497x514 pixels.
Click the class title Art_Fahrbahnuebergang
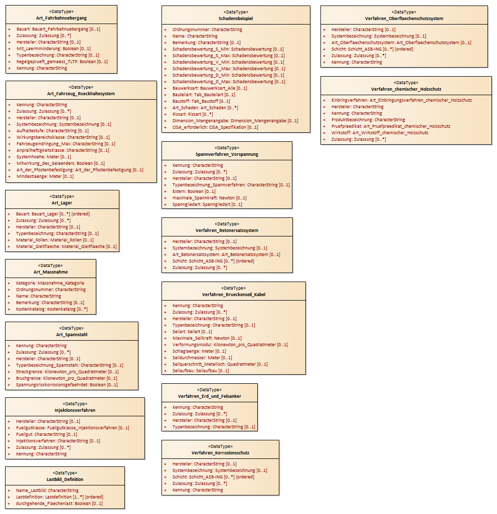[61, 18]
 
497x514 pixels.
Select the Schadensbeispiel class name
[236, 19]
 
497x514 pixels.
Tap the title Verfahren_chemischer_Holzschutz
[406, 89]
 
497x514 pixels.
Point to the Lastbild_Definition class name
[65, 479]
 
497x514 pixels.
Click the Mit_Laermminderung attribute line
[54, 49]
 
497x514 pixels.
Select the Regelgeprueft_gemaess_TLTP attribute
[62, 62]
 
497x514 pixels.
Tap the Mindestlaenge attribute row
[45, 176]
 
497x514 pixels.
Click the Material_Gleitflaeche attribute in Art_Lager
[66, 246]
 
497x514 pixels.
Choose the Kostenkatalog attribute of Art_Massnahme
[52, 309]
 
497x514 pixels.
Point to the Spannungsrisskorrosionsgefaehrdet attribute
[67, 385]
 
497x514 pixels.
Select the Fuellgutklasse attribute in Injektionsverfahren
[73, 428]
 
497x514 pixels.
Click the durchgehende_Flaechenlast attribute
[59, 503]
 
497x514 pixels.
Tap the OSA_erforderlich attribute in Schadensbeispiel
[215, 127]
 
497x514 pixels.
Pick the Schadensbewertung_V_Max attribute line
[229, 69]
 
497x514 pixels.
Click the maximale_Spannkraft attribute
[209, 198]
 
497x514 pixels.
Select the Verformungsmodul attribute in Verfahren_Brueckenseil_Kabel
[230, 345]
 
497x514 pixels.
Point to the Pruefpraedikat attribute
[391, 126]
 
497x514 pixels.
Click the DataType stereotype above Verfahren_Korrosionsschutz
[221, 446]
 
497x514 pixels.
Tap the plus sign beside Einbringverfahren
[324, 101]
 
